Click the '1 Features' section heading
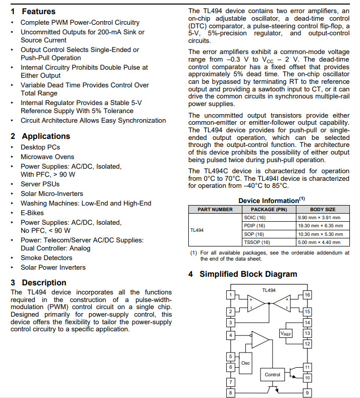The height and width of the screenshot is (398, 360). tap(33, 11)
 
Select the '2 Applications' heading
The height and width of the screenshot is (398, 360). tap(40, 136)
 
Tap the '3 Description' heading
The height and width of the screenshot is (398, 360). tap(38, 282)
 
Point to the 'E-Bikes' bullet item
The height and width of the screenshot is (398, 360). tap(32, 213)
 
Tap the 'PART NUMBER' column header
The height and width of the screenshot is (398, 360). tap(215, 209)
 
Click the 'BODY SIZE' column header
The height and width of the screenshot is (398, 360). tap(323, 209)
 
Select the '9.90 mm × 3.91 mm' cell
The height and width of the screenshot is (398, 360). tap(320, 218)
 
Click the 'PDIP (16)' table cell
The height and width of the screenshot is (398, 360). tap(254, 226)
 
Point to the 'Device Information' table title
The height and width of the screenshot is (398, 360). tap(270, 201)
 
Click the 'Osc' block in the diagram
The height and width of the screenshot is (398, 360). tap(245, 363)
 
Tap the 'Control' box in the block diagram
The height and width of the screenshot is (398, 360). tap(273, 374)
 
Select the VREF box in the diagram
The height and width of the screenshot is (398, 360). tap(286, 333)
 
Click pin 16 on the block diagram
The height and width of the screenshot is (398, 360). tap(307, 295)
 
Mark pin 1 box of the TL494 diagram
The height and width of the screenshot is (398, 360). tap(230, 295)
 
